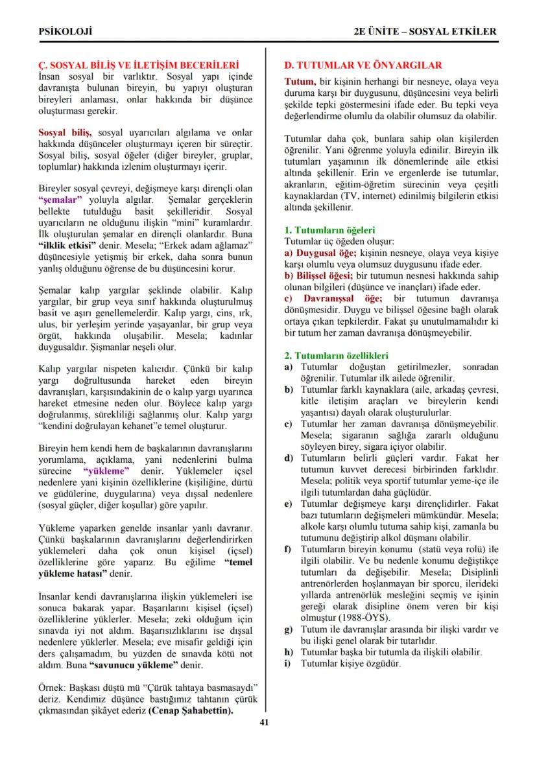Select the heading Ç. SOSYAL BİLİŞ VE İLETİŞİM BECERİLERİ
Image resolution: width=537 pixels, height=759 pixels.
[138, 65]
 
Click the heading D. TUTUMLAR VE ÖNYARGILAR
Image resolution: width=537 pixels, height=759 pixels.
[364, 65]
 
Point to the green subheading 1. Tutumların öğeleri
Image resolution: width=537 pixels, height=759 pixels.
[330, 230]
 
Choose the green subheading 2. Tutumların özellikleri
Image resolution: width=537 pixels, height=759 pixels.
[337, 356]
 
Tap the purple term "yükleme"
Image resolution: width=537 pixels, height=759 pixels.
[106, 470]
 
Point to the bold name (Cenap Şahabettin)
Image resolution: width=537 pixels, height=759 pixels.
[191, 710]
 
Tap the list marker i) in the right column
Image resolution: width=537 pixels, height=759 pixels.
[289, 663]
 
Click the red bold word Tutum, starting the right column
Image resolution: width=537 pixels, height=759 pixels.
[300, 82]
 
